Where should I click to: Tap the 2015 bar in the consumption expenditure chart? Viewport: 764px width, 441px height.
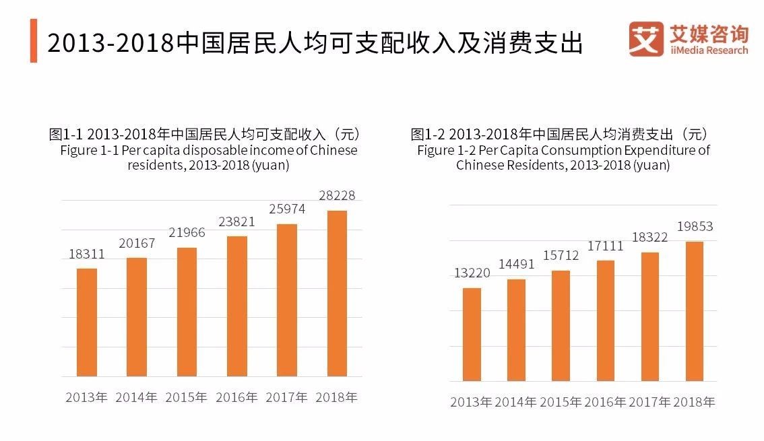tap(561, 326)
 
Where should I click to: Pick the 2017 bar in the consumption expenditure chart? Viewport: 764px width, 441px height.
tap(649, 316)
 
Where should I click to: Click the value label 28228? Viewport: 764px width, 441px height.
tap(336, 196)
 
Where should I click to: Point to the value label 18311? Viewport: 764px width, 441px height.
tap(87, 255)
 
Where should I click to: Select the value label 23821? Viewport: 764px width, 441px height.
tap(236, 222)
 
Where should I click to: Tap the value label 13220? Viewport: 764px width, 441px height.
tap(472, 273)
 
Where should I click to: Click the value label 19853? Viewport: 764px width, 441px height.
tap(694, 227)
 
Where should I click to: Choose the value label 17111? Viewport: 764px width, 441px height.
tap(604, 246)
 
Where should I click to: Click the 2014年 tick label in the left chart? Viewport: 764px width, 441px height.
tap(137, 397)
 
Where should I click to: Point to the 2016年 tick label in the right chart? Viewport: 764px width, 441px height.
tap(605, 403)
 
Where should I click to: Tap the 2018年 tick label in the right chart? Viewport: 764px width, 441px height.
tap(694, 403)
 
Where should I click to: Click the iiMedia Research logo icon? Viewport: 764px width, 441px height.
tap(645, 39)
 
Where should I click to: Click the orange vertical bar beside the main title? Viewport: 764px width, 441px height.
tap(34, 41)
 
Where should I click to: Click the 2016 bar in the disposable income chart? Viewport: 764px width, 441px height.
tap(237, 306)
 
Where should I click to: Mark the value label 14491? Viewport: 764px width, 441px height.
tap(516, 265)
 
